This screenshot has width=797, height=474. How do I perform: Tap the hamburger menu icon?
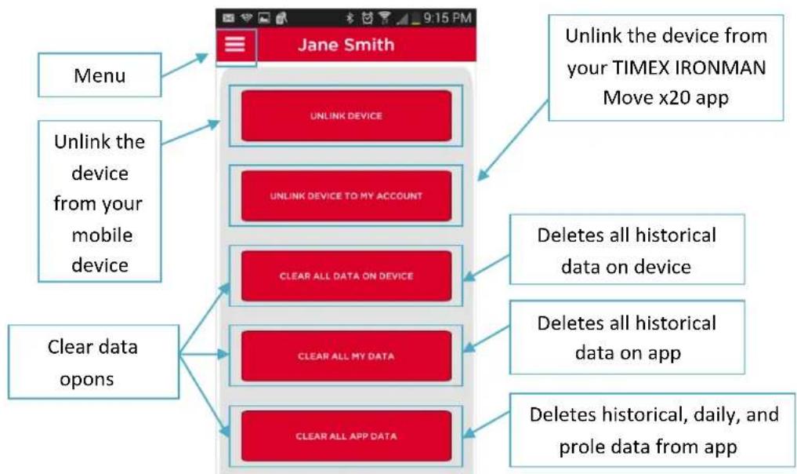[x=235, y=44]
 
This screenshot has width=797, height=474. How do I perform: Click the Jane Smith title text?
[x=346, y=45]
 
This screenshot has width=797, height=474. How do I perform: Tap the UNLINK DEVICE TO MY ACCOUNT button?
[x=346, y=195]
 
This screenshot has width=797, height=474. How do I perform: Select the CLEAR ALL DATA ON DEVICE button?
[x=346, y=276]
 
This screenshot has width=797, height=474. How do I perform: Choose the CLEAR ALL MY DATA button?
[x=346, y=355]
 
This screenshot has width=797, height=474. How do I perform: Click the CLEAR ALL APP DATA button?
[x=346, y=436]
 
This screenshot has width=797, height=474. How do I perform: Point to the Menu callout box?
[x=100, y=75]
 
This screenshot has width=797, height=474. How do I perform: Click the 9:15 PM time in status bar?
[x=447, y=18]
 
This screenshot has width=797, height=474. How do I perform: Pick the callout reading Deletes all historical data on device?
[x=627, y=250]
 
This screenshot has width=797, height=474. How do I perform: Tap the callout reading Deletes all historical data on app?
[x=627, y=337]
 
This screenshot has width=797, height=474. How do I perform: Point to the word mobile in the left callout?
[x=102, y=235]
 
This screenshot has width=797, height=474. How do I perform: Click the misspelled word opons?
[x=86, y=380]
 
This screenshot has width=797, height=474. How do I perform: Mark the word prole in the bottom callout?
[x=580, y=447]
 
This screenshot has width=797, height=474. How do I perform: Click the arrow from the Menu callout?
[x=185, y=64]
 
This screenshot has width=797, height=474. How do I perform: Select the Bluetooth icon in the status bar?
[x=350, y=18]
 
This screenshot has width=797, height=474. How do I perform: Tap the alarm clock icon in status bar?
[x=367, y=18]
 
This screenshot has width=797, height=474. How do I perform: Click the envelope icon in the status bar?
[x=229, y=18]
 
